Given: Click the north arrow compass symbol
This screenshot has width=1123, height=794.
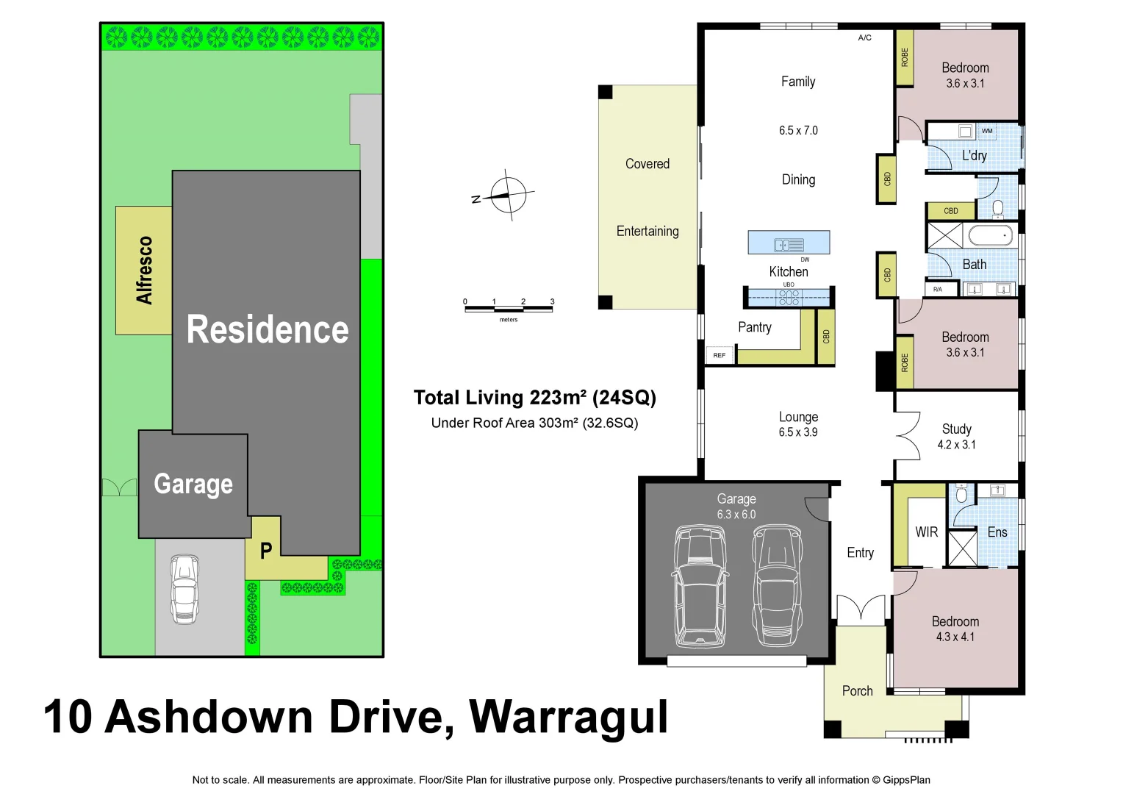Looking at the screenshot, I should point(507,196).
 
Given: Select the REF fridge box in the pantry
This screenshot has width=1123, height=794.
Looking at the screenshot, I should point(720,355).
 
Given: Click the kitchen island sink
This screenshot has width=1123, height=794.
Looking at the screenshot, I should point(789,245).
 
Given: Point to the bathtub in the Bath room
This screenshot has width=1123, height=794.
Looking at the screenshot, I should point(990,236).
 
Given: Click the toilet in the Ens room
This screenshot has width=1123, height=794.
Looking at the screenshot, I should point(961,495).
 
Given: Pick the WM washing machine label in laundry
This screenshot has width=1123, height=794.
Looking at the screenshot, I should point(987,131).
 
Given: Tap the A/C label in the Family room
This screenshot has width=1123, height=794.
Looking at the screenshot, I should point(865,37).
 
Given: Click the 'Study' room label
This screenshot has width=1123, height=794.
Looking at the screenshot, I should point(956,429).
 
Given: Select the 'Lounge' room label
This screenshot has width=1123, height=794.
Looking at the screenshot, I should point(798,417).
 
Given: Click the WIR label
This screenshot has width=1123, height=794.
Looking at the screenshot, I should point(926,532).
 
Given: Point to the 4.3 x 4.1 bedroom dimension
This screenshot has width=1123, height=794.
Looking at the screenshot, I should point(955,637).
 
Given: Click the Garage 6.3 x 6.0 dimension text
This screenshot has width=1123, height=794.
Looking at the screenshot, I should point(736,515).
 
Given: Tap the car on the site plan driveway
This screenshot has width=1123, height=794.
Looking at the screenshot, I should point(184,589).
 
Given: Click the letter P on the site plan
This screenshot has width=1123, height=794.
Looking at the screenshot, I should point(266,551).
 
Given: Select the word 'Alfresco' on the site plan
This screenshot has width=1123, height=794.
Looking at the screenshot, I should point(144,270).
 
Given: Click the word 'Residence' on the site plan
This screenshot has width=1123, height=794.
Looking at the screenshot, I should point(268,329).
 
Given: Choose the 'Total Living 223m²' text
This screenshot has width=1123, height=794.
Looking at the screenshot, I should point(499,398).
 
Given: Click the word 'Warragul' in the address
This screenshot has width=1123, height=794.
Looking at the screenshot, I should point(568,718).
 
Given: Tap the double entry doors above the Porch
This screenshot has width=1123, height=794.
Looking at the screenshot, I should point(861,609).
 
